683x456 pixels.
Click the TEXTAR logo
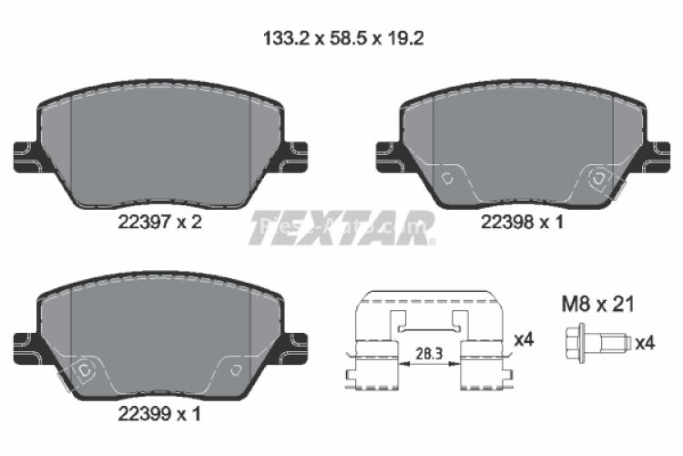point(341,229)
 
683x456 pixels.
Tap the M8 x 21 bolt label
point(597,305)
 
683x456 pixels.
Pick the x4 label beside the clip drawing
point(523,339)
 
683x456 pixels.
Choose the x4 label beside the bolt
point(645,343)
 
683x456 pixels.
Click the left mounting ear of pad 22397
point(25,156)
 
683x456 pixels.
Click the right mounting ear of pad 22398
point(655,156)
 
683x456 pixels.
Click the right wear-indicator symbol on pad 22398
point(599,179)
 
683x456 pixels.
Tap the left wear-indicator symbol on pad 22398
point(447,179)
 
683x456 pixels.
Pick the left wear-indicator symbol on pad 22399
point(85,370)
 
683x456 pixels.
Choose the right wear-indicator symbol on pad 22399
point(235,369)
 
